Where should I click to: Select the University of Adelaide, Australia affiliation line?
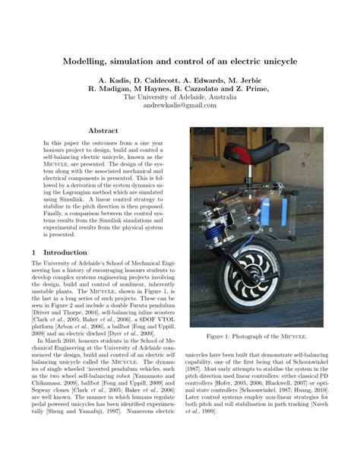click(x=180, y=97)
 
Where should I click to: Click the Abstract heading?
click(x=103, y=131)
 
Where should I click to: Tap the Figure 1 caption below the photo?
click(x=257, y=336)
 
